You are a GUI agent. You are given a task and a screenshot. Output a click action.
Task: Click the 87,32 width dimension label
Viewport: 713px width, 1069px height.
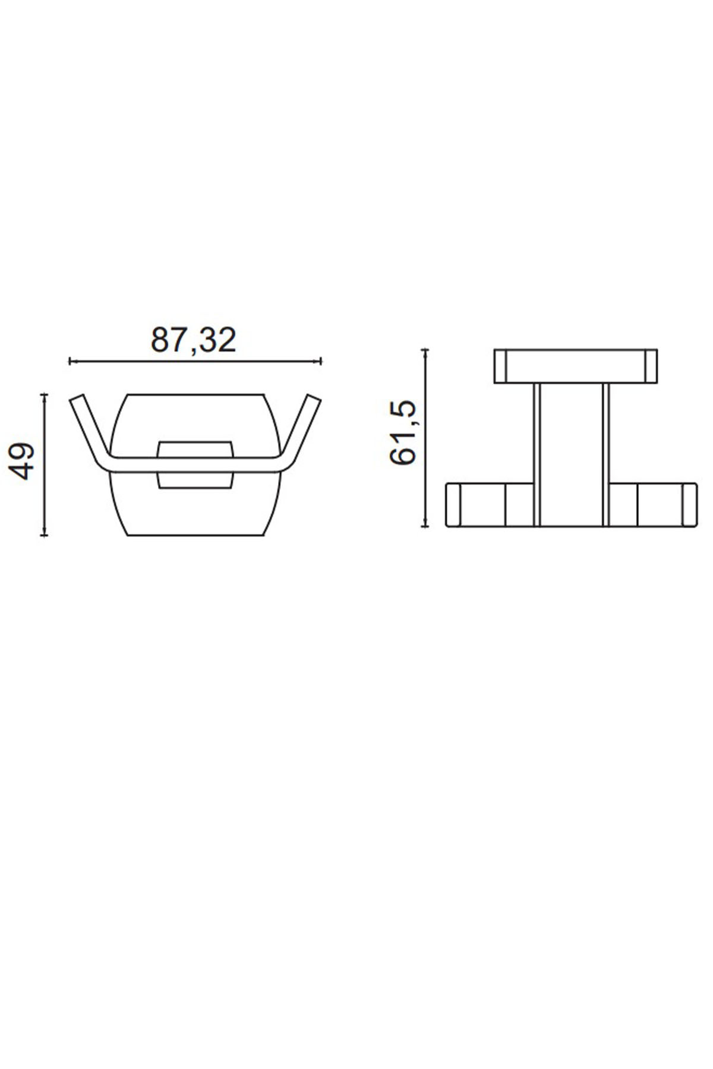[x=193, y=340]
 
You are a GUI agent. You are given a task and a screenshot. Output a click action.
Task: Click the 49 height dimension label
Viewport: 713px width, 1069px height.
[x=23, y=460]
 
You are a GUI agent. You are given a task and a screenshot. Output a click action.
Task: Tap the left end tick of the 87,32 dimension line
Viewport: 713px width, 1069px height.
[x=70, y=360]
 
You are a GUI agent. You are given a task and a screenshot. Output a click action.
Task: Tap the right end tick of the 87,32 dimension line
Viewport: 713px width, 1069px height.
[x=321, y=360]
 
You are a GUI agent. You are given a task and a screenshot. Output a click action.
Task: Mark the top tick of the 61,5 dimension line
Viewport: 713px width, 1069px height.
[x=425, y=350]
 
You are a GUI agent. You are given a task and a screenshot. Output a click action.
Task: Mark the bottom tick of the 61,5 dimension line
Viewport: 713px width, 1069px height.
[x=425, y=526]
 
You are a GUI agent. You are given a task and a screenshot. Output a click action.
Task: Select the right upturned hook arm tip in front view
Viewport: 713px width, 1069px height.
[x=314, y=400]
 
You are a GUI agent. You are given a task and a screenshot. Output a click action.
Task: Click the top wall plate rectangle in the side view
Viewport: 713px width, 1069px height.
[x=575, y=366]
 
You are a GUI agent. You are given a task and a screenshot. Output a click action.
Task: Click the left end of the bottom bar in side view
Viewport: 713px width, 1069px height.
[x=453, y=504]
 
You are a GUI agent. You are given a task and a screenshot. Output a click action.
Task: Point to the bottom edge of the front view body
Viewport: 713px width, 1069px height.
[x=195, y=535]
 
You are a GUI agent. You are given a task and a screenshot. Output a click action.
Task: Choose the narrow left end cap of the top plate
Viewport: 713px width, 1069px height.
[x=500, y=366]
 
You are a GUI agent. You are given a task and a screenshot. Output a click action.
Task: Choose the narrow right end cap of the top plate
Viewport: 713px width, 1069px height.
[x=652, y=366]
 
